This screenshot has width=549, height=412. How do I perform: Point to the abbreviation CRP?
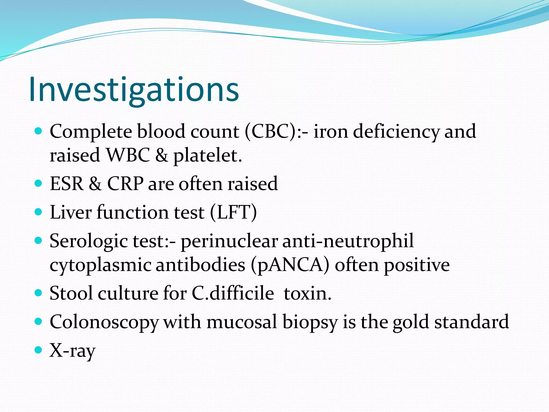(x=125, y=184)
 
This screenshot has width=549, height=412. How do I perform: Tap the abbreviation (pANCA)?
(x=290, y=265)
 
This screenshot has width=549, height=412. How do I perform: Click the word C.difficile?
(x=233, y=293)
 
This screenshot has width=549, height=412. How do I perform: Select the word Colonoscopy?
(x=104, y=322)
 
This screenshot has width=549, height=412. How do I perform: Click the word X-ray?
(x=72, y=351)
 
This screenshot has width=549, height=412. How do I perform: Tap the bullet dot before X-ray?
(x=39, y=350)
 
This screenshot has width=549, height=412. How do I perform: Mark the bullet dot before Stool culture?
(x=39, y=292)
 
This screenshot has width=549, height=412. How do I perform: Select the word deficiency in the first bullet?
(x=396, y=131)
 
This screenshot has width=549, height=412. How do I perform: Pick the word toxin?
(x=307, y=293)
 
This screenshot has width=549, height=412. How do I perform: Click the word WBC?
(x=128, y=156)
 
